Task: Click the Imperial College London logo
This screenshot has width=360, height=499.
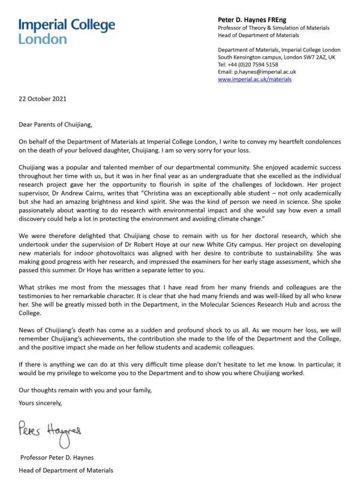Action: [66, 31]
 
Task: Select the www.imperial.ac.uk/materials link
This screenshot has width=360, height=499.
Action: [254, 79]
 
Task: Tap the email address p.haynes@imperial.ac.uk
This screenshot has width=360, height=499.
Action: [265, 72]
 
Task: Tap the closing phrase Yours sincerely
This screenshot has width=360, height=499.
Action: [40, 402]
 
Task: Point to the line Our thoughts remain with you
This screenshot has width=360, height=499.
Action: [86, 390]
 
